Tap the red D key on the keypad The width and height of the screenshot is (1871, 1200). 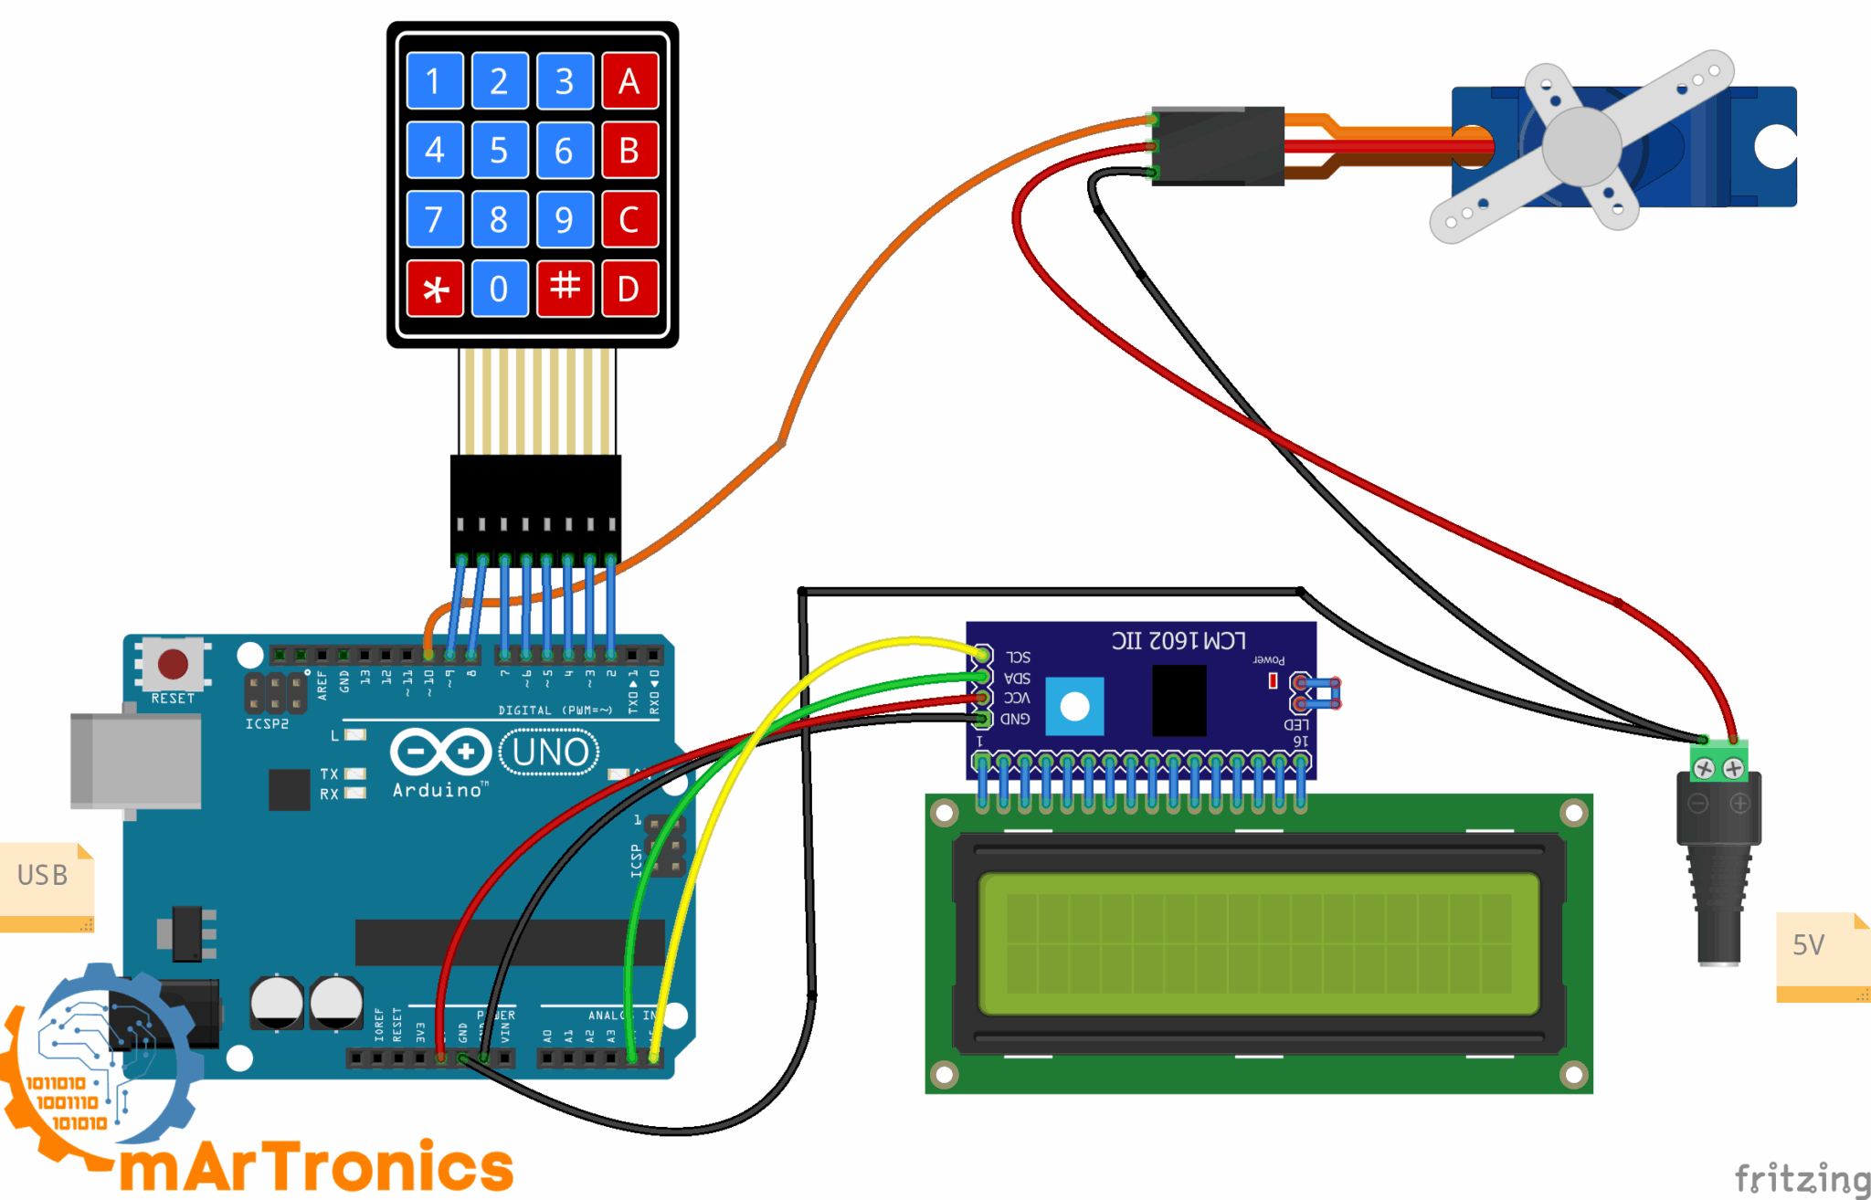pos(629,289)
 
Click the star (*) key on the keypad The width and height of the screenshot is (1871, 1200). pos(435,289)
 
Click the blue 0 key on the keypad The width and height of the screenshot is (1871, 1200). pos(499,289)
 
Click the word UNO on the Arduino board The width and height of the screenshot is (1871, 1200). pos(550,753)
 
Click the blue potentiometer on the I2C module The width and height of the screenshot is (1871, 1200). pos(1074,706)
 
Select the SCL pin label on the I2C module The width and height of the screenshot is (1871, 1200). pos(1019,657)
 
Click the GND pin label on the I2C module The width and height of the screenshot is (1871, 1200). pos(1015,719)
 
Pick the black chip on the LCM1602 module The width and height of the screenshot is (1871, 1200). pos(1179,700)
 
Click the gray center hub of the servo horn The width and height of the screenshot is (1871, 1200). pos(1581,146)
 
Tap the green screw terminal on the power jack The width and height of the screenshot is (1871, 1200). pos(1718,764)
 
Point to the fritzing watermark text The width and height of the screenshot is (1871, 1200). pos(1802,1178)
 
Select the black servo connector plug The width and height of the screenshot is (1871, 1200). pos(1218,146)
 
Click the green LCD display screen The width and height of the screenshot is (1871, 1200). pos(1259,943)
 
